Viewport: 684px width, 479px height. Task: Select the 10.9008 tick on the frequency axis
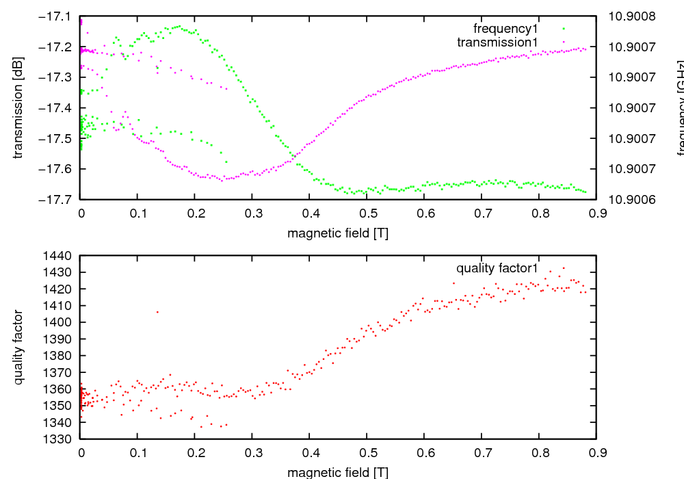[x=631, y=16]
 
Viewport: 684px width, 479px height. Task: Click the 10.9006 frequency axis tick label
[x=631, y=199]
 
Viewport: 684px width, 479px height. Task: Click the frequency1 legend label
[x=505, y=29]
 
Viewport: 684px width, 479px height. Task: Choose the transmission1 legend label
[x=497, y=42]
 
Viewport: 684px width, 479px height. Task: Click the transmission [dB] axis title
[x=18, y=107]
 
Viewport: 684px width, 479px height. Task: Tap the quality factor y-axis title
[x=18, y=347]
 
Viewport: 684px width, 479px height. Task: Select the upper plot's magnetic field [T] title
[x=338, y=233]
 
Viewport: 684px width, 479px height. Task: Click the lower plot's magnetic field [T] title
[x=338, y=472]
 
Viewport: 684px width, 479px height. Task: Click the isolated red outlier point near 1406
[x=157, y=312]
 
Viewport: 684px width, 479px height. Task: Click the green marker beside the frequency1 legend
[x=564, y=29]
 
